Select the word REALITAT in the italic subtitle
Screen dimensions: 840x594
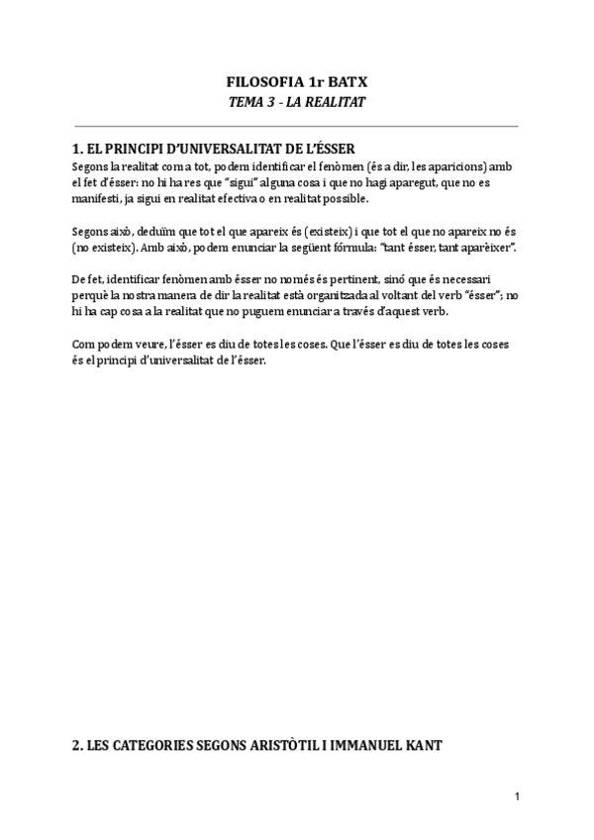pyautogui.click(x=335, y=103)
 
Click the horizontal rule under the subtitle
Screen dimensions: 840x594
pyautogui.click(x=296, y=127)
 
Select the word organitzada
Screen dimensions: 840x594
pyautogui.click(x=317, y=295)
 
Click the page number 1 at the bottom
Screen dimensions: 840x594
pyautogui.click(x=517, y=796)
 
